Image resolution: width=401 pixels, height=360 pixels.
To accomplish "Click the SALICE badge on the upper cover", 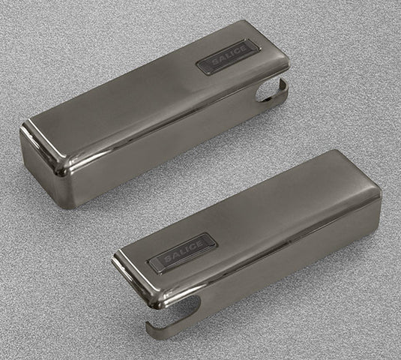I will coord(228,57).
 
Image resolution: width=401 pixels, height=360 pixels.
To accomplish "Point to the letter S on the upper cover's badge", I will coord(213,63).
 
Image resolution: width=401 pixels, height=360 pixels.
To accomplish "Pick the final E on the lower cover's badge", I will coord(200,244).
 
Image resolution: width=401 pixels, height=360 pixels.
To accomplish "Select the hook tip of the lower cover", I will coord(150,328).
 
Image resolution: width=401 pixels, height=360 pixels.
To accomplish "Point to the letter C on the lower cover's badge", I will coord(191,248).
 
